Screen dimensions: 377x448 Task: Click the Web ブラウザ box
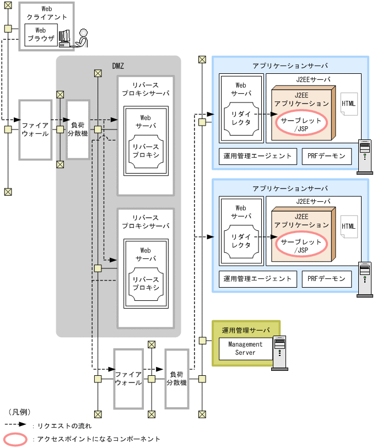tap(41, 35)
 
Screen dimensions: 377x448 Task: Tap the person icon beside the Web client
tap(82, 38)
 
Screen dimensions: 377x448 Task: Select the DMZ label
tap(118, 66)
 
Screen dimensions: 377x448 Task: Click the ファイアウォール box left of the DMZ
tap(35, 129)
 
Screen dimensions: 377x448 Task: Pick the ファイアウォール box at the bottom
tap(128, 379)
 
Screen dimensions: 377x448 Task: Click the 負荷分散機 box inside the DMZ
tap(78, 129)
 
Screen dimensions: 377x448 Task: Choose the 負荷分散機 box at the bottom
tap(176, 379)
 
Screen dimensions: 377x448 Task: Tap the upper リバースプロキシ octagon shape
tap(146, 151)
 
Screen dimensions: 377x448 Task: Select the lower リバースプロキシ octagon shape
tap(146, 284)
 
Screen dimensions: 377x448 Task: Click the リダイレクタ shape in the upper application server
tap(241, 119)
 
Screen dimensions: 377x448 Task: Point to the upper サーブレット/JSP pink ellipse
tap(301, 124)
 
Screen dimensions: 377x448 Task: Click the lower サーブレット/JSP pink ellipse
tap(301, 245)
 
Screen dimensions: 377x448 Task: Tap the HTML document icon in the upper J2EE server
tap(349, 104)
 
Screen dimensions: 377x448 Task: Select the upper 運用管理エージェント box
tap(258, 156)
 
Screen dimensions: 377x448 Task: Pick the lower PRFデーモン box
tap(327, 279)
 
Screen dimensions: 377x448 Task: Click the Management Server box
tap(246, 349)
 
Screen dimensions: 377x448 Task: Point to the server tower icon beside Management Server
tap(279, 353)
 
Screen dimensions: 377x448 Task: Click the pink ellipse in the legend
tap(15, 439)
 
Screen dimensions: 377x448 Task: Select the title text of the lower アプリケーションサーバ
tap(290, 188)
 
